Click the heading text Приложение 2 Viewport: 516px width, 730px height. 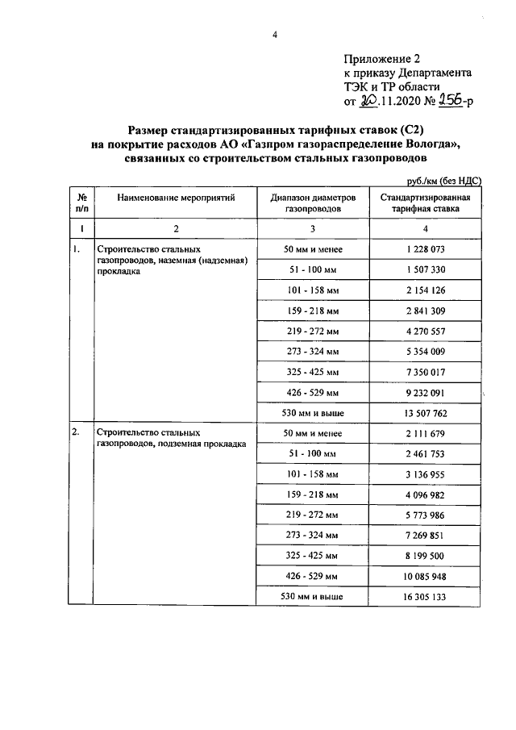[382, 59]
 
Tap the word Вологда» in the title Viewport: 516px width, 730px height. [430, 144]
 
